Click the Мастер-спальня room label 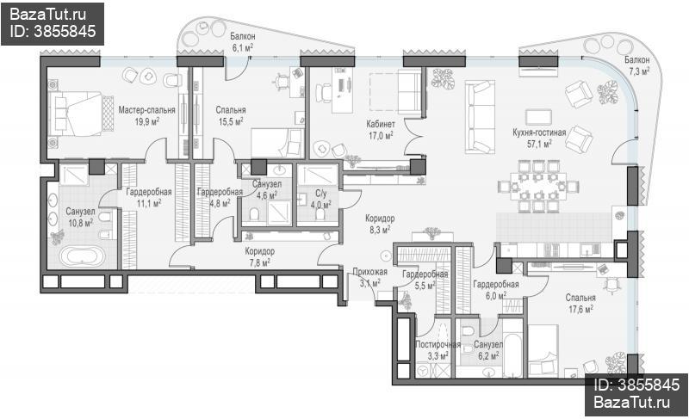tap(146, 109)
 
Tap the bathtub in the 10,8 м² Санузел tap(82, 256)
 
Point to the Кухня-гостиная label tap(539, 132)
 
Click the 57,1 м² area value tap(540, 143)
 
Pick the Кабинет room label tap(381, 124)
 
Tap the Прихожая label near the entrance tap(370, 272)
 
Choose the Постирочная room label tap(438, 344)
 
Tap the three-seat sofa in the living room tap(480, 117)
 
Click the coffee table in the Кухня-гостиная tap(539, 117)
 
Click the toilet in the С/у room tap(320, 214)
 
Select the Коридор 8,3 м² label tap(380, 224)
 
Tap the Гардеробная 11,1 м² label tap(148, 197)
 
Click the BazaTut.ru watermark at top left tap(47, 15)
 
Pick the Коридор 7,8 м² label tap(260, 256)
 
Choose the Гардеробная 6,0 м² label tap(496, 290)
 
